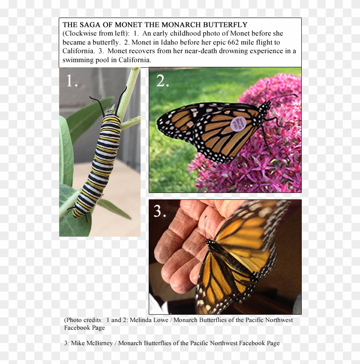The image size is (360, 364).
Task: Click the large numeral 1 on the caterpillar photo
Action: pos(71,81)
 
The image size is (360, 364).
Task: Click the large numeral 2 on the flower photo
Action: pos(162,81)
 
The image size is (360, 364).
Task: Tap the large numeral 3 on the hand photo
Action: pos(160,211)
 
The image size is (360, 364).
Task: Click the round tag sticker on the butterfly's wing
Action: pos(238,123)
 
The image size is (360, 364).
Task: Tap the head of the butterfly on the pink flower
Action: pos(265,105)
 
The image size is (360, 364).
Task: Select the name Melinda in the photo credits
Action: pos(141,320)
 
